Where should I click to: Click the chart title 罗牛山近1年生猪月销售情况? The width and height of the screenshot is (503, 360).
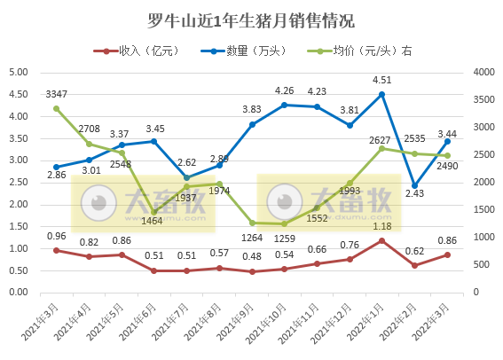coord(250,20)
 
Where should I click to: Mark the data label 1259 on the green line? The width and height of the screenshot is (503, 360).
coord(284,238)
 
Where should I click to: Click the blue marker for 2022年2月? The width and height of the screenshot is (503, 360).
coord(414,185)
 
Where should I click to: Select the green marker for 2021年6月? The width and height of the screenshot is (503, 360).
coord(153,212)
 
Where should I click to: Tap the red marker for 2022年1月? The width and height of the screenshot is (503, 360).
coord(381,240)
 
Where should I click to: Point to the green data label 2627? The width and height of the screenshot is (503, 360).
coord(381,137)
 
